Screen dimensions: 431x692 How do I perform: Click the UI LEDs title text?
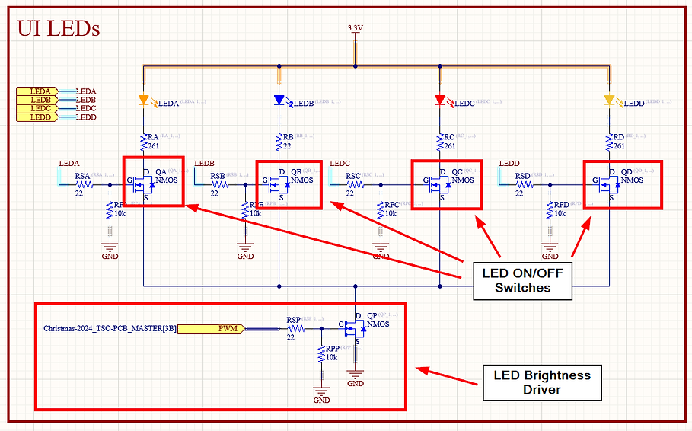[59, 29]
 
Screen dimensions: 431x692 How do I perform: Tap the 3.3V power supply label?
[355, 28]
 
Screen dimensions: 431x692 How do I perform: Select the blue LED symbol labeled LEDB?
[279, 101]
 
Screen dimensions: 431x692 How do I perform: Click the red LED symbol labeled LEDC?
[439, 101]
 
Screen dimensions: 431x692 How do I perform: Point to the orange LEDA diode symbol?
[143, 100]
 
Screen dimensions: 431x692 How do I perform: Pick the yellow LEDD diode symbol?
[609, 101]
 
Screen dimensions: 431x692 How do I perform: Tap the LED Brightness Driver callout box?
[541, 382]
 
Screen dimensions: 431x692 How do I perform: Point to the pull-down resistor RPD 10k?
[550, 211]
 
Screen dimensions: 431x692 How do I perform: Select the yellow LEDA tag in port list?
[40, 92]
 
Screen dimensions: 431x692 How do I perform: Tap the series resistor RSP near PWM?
[295, 329]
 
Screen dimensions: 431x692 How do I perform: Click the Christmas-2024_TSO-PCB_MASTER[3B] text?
[110, 329]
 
